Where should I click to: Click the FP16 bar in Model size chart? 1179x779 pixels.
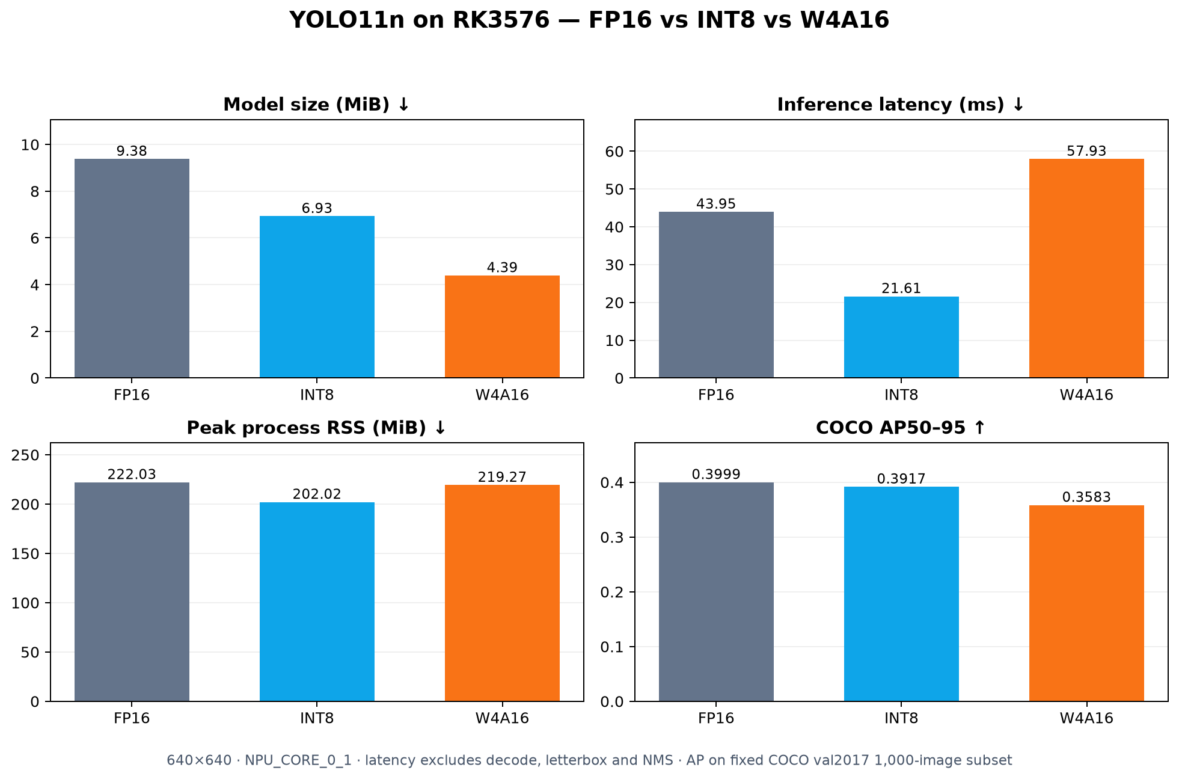point(132,268)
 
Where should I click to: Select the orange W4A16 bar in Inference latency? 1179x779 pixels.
point(1086,268)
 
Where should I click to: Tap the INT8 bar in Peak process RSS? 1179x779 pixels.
point(317,602)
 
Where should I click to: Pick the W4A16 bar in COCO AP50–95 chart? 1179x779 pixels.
point(1086,603)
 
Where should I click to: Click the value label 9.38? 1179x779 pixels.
point(132,151)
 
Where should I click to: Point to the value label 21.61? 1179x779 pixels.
point(901,288)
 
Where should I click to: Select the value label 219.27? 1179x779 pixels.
point(502,477)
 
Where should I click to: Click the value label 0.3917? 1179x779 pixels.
point(901,479)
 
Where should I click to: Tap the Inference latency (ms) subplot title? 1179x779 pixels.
point(900,105)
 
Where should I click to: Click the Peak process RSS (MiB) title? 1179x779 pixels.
point(316,428)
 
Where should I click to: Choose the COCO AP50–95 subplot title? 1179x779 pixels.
point(900,428)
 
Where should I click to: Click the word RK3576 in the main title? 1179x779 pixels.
point(500,20)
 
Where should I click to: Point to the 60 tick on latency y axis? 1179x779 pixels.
point(615,151)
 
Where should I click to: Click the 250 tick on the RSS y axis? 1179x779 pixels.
point(26,455)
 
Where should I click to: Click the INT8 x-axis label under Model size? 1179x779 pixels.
point(317,395)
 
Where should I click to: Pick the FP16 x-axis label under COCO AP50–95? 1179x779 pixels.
point(716,718)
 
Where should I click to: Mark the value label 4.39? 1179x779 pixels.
point(502,268)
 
